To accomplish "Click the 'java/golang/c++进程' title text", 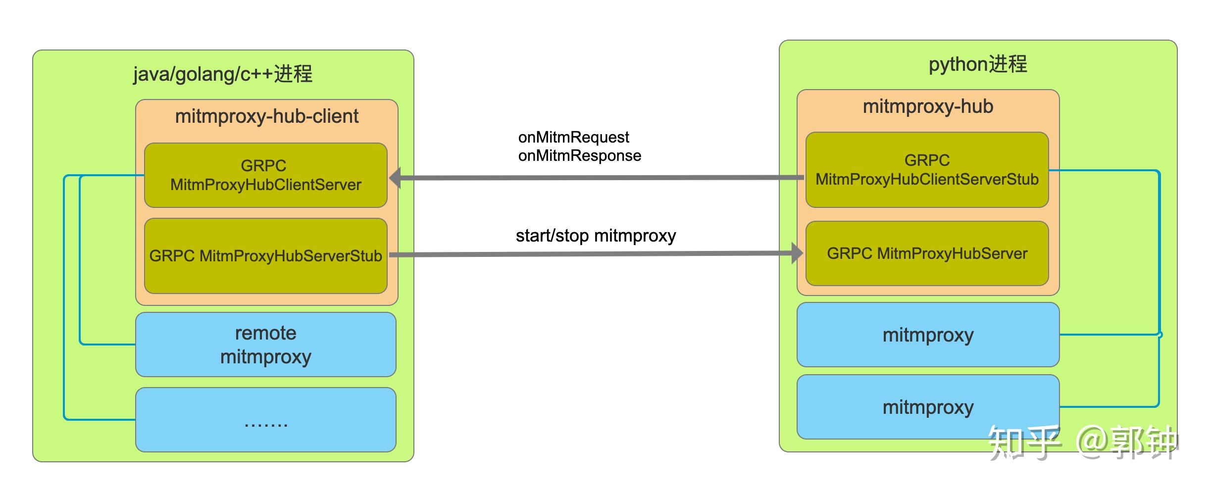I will [x=223, y=74].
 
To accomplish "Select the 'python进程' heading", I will [x=978, y=64].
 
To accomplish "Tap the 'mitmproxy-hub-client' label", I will [x=266, y=116].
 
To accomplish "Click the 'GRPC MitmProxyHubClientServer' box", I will [x=265, y=175].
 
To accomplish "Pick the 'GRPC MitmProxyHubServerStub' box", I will [x=265, y=256].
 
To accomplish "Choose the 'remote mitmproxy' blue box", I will [x=265, y=345].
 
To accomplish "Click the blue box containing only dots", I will [x=265, y=420].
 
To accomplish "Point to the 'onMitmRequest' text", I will [x=573, y=137].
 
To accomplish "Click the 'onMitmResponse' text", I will [x=579, y=156].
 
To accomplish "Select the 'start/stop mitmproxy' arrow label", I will [x=596, y=236].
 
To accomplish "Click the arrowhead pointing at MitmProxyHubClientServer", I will [x=396, y=178].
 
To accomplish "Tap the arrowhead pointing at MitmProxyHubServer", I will [x=797, y=253].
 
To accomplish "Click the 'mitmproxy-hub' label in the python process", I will [x=928, y=106].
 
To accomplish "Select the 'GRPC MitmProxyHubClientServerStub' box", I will [x=927, y=170].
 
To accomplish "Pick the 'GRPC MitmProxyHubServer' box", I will [x=927, y=253].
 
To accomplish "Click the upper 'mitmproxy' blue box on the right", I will [x=928, y=335].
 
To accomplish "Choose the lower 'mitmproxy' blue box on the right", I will [x=928, y=407].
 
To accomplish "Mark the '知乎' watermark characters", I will [x=1024, y=442].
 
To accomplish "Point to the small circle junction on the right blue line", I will [x=1160, y=335].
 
